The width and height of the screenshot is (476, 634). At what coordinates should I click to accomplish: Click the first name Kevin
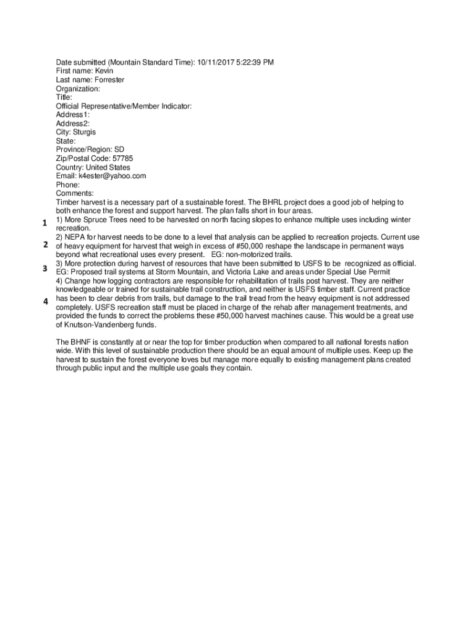click(x=104, y=71)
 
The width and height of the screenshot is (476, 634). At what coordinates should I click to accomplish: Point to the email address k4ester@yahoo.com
click(x=112, y=176)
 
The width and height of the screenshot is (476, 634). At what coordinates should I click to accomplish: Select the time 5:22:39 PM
click(x=256, y=63)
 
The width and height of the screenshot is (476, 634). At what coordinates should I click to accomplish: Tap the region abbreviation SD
click(x=119, y=150)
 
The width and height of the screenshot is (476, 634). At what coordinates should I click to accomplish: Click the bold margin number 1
click(x=45, y=224)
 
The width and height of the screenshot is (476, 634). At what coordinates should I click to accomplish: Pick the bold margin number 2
click(x=45, y=245)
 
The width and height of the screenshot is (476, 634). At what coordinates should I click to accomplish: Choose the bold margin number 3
click(x=45, y=268)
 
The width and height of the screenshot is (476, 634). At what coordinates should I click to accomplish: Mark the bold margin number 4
click(x=45, y=302)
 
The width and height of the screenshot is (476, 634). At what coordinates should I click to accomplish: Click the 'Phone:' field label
click(x=68, y=185)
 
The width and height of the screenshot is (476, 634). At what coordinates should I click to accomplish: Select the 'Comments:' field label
click(x=75, y=193)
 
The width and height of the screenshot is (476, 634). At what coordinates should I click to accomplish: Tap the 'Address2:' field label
click(x=73, y=123)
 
